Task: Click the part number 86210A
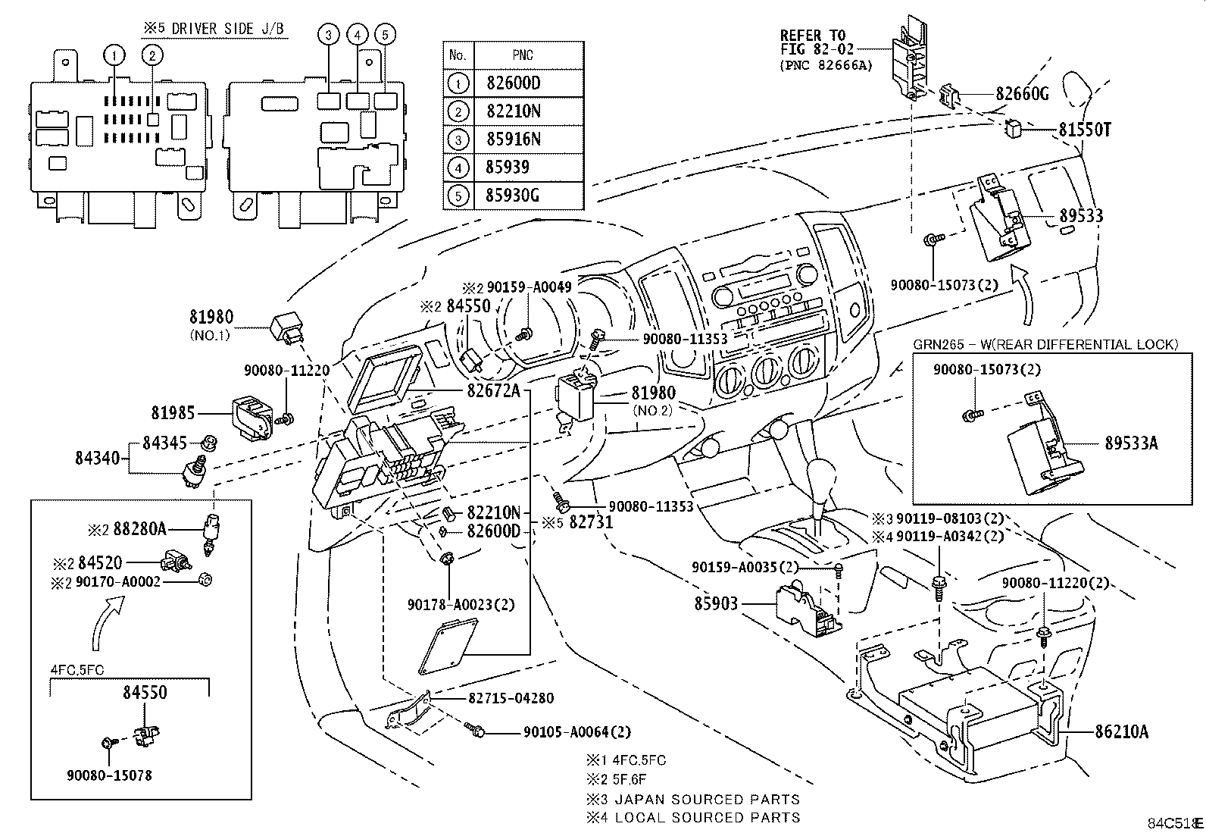pos(1121,731)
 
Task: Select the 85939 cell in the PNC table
pos(507,167)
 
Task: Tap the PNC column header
pos(522,55)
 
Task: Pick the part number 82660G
pos(1022,94)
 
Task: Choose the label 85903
pos(716,605)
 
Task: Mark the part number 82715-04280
pos(511,698)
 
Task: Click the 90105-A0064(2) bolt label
pos(576,732)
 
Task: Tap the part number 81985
pos(173,413)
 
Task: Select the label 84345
pos(164,443)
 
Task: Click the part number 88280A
pos(138,529)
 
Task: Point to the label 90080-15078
pos(109,775)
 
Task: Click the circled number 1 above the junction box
pos(114,55)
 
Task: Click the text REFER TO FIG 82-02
pos(813,42)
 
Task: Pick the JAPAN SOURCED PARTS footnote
pos(693,799)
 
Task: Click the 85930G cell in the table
pos(512,196)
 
